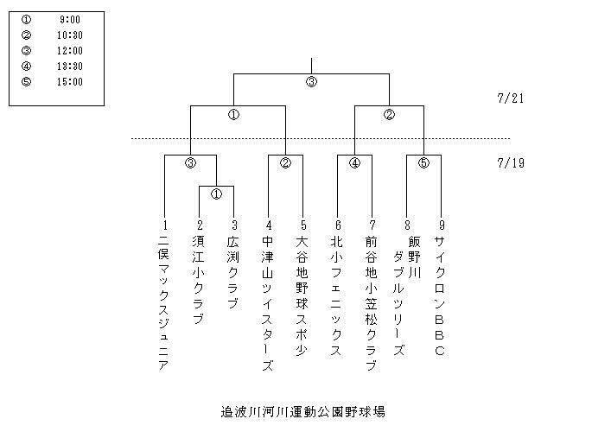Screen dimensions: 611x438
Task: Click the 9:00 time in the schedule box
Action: [x=70, y=20]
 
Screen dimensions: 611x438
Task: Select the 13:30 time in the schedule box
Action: [x=70, y=67]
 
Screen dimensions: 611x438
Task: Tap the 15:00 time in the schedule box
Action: [x=70, y=82]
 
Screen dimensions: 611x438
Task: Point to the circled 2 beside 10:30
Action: [x=26, y=35]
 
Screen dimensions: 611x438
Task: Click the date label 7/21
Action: [x=511, y=98]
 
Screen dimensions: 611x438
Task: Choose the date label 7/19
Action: [x=511, y=163]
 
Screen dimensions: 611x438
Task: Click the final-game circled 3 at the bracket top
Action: [x=311, y=82]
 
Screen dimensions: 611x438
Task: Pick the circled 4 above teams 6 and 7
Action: [x=354, y=163]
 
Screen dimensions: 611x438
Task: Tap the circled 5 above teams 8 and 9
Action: [x=423, y=163]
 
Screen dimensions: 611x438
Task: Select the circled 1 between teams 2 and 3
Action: [x=216, y=194]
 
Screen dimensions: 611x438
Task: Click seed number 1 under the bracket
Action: [x=165, y=225]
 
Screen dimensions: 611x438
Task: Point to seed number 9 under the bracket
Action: [x=442, y=225]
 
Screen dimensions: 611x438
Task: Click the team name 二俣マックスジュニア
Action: [x=163, y=303]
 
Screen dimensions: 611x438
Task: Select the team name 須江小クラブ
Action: [x=199, y=280]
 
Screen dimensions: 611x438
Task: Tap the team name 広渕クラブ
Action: [x=232, y=272]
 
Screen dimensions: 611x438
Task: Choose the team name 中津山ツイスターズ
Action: [x=267, y=303]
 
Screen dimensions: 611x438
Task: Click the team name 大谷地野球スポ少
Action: [x=302, y=295]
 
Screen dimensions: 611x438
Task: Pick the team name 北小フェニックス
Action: [x=336, y=295]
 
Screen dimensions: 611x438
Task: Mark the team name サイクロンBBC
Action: [x=440, y=295]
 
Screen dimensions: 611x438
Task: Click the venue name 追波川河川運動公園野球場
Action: [x=303, y=411]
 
